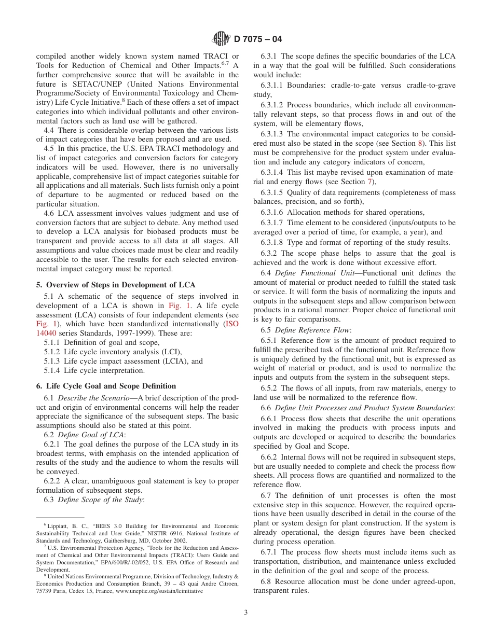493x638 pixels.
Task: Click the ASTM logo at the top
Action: tap(222, 39)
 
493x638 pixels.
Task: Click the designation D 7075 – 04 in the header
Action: tap(258, 39)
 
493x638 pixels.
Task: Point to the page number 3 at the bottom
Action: tap(246, 612)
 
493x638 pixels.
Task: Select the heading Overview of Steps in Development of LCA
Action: tap(119, 284)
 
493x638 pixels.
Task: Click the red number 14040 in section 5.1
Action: tap(45, 333)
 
